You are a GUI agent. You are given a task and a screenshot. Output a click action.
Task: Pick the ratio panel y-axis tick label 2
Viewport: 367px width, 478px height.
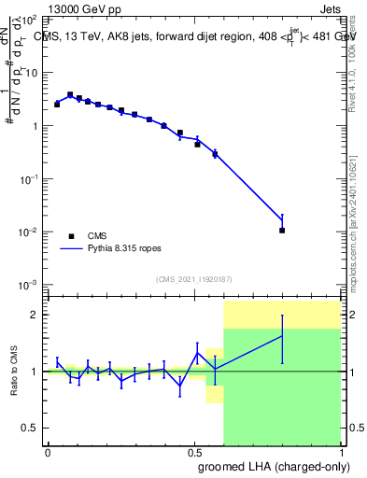tap(37, 315)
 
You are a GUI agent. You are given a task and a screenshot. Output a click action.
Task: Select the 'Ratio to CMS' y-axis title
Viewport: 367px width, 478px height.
tap(13, 372)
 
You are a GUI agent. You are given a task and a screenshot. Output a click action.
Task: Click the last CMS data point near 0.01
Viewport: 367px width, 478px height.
tap(282, 230)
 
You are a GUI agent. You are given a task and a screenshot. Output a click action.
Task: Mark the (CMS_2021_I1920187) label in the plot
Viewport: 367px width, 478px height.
tap(193, 279)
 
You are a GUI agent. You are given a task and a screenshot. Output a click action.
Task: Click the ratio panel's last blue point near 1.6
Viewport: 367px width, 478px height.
tap(282, 336)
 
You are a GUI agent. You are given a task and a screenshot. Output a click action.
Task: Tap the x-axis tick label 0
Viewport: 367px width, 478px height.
tap(48, 452)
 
